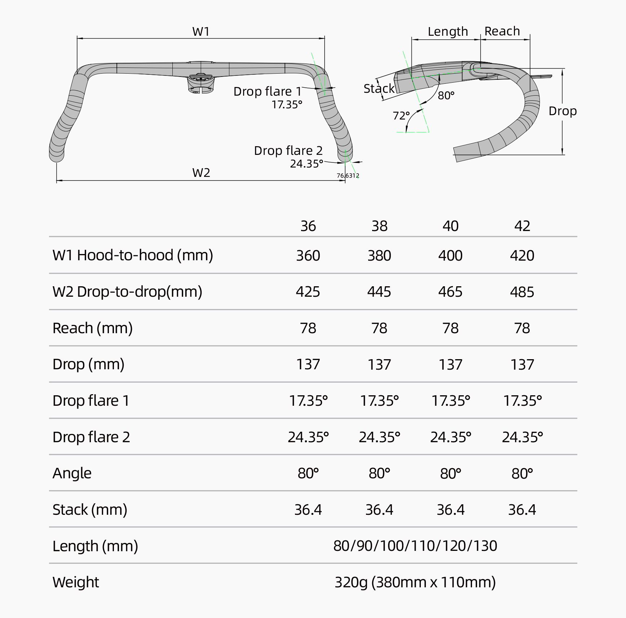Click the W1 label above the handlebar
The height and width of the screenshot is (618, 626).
pyautogui.click(x=201, y=32)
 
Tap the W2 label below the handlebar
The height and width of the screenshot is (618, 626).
pyautogui.click(x=201, y=173)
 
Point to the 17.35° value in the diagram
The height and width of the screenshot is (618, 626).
pyautogui.click(x=287, y=105)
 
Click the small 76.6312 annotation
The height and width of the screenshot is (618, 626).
pyautogui.click(x=348, y=176)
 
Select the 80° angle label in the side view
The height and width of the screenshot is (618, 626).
pyautogui.click(x=446, y=96)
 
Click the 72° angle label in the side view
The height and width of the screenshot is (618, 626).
pyautogui.click(x=401, y=116)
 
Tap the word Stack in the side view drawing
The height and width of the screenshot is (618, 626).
pyautogui.click(x=379, y=89)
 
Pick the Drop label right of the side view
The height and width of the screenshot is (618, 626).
pyautogui.click(x=563, y=111)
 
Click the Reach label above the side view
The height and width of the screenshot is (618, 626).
pyautogui.click(x=502, y=31)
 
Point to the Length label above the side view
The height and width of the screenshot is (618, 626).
pyautogui.click(x=448, y=32)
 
